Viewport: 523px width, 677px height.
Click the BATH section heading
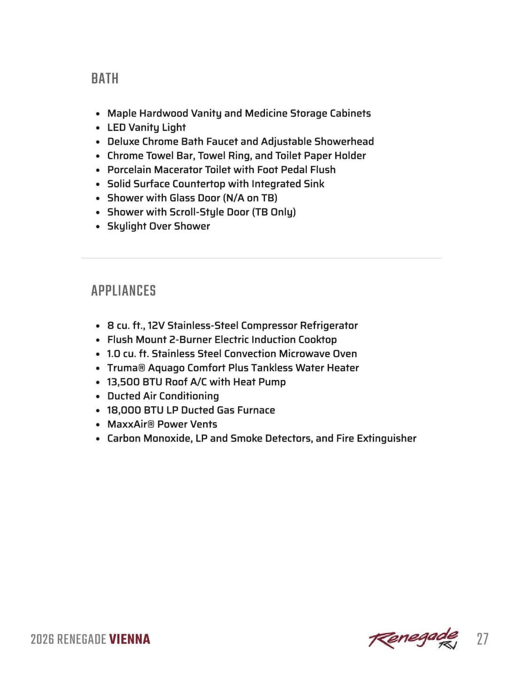[x=105, y=79]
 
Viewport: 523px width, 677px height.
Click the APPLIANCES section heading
[x=123, y=291]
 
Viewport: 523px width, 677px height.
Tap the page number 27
[x=482, y=639]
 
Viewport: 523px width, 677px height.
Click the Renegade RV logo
[x=413, y=638]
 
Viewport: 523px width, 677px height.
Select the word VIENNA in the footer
[x=130, y=639]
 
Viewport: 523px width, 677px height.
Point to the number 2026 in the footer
[x=42, y=639]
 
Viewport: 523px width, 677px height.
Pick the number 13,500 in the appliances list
[x=123, y=382]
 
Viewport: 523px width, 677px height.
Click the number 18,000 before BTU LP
[x=124, y=410]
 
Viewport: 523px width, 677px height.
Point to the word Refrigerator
[x=328, y=325]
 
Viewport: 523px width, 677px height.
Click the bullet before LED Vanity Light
[x=98, y=128]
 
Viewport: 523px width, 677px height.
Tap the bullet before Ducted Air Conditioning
[x=98, y=396]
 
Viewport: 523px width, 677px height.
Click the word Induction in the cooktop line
[x=273, y=339]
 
